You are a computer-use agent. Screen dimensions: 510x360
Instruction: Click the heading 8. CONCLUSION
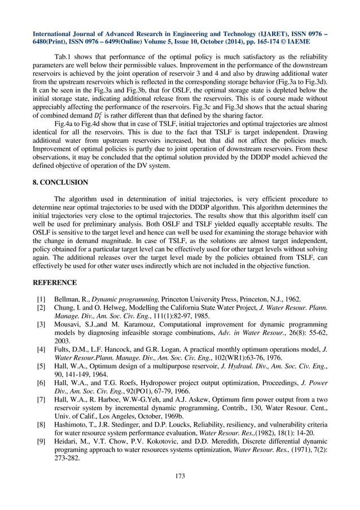coord(61,182)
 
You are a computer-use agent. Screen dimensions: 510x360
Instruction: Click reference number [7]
coord(41,400)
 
